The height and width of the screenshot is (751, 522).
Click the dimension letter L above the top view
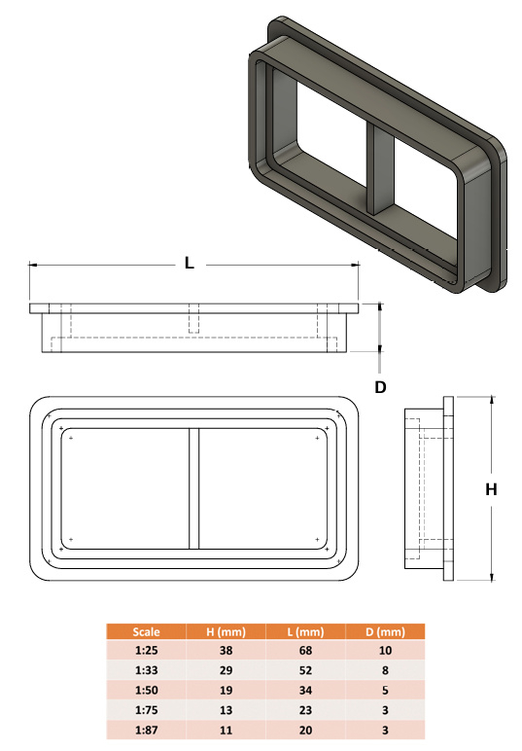point(190,263)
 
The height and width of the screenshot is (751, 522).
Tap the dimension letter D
point(380,387)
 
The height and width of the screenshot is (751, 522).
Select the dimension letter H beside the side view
point(491,489)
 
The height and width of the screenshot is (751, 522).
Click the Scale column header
point(146,631)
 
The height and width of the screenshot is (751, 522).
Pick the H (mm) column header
point(226,631)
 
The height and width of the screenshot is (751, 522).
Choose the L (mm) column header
point(305,631)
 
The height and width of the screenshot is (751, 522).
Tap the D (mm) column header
point(385,631)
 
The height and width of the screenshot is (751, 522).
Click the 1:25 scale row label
point(146,651)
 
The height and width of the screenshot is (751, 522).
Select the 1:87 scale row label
point(146,730)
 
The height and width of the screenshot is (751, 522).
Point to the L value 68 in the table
point(305,651)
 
